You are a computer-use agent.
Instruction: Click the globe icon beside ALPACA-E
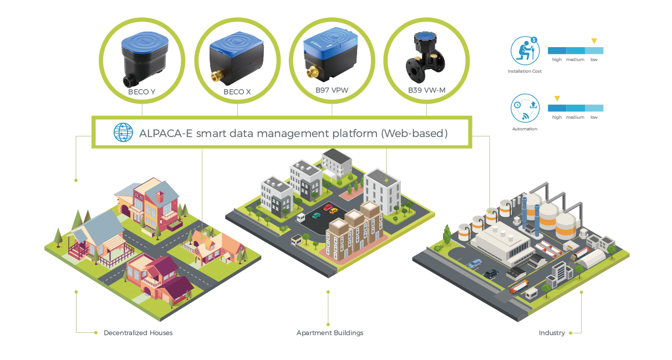pos(123,133)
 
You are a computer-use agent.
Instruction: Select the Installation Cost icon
pos(525,50)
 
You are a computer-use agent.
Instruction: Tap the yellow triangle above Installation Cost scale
pos(594,41)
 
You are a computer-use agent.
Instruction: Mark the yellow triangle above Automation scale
pos(557,99)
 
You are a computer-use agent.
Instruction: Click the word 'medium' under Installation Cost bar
pos(575,59)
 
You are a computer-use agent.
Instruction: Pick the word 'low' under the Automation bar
pos(594,117)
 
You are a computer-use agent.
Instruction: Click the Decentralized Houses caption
pos(138,333)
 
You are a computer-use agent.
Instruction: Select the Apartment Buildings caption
pos(330,333)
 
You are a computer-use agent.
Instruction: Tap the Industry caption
pos(552,333)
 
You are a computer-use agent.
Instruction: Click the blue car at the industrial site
pos(475,263)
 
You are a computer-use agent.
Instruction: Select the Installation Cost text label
pos(525,71)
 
